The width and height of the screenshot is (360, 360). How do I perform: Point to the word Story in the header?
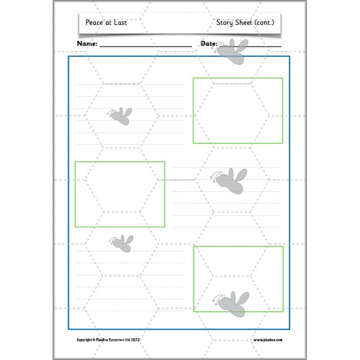(x=225, y=22)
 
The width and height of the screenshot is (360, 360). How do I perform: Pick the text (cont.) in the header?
(x=265, y=22)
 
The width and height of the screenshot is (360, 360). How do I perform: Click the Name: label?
(x=87, y=44)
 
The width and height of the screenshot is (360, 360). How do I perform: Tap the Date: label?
(x=208, y=44)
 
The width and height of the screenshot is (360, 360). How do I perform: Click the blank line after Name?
(x=145, y=46)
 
